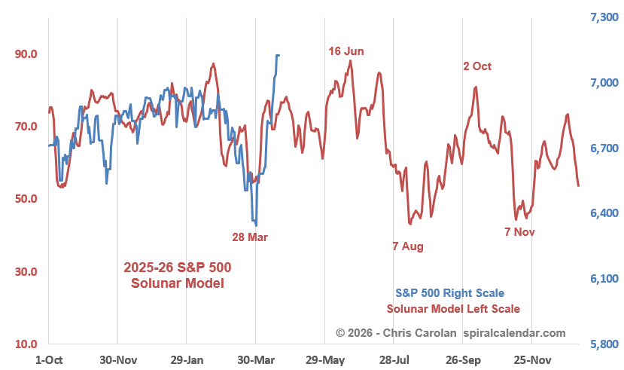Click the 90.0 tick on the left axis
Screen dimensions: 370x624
[21, 54]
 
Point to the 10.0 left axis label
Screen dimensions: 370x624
[21, 345]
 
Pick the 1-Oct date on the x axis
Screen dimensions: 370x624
[49, 359]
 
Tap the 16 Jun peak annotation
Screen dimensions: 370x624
[346, 51]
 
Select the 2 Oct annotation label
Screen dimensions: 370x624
[477, 66]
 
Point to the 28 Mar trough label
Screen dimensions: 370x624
[250, 237]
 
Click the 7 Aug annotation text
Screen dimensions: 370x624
[408, 246]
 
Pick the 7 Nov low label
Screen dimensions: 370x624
[519, 232]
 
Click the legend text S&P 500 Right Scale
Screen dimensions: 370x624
[449, 293]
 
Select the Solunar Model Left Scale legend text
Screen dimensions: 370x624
[453, 309]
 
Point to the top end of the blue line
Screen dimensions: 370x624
[279, 55]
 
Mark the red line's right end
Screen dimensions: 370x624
[578, 185]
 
